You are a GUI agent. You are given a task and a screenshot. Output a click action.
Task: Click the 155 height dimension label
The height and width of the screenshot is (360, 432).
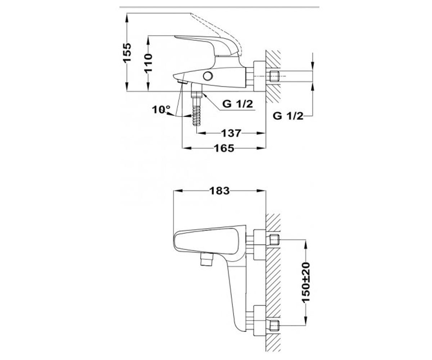coord(127,52)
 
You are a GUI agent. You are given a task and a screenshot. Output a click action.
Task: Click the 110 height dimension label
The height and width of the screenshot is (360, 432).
coord(148,63)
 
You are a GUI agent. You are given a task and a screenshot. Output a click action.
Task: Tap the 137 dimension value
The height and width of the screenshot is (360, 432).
coord(231,133)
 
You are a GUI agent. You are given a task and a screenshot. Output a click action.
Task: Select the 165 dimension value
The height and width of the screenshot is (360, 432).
coord(224,148)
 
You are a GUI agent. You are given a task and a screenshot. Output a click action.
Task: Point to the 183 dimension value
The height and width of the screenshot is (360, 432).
coord(220,191)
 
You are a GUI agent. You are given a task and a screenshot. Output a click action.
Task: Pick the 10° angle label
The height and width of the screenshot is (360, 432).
coord(161,109)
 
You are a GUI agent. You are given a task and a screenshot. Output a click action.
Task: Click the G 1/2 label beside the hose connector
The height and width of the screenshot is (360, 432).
coord(238,104)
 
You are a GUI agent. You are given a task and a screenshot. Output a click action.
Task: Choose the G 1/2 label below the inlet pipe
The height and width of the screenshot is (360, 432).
coord(288,116)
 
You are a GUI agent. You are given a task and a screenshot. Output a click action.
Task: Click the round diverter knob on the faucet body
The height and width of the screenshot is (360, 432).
coord(208,76)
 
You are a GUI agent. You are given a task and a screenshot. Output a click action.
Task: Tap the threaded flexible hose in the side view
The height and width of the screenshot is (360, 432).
coord(196,111)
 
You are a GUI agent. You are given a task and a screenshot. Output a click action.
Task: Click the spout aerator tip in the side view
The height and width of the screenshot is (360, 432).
coord(182,82)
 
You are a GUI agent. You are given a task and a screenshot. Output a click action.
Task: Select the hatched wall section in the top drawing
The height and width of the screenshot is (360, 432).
coord(273,77)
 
